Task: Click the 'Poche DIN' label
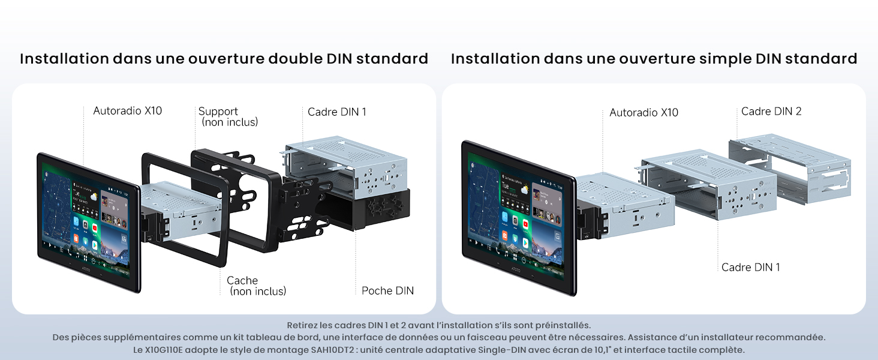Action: tap(387, 290)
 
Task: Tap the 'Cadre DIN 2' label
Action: tap(771, 111)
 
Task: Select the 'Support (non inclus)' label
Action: tap(228, 116)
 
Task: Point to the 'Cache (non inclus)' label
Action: tap(256, 286)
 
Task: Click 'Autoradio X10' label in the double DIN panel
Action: tap(127, 110)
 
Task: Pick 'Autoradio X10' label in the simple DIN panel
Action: tap(644, 112)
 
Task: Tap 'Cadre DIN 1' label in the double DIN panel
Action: tap(336, 112)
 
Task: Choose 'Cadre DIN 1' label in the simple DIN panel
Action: tap(750, 267)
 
